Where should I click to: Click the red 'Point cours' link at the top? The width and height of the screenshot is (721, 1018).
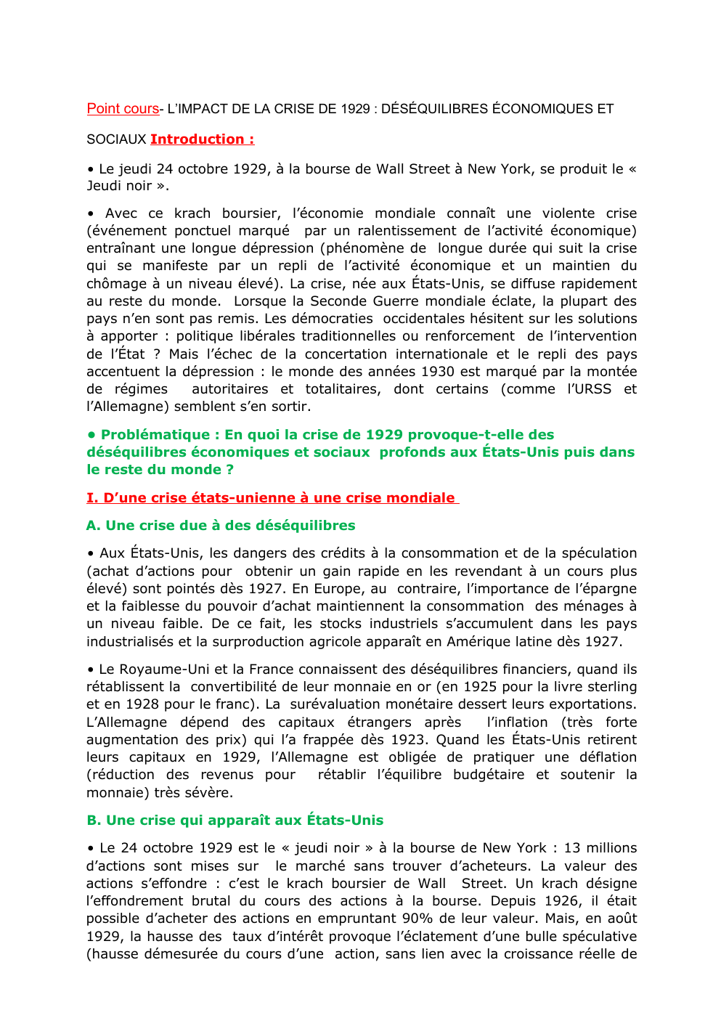123,109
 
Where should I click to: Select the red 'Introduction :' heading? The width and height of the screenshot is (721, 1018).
202,139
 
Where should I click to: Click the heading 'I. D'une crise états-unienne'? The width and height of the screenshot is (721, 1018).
272,498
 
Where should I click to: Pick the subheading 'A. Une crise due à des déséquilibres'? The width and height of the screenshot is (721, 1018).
221,526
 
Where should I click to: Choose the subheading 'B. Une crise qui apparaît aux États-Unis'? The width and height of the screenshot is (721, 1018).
235,820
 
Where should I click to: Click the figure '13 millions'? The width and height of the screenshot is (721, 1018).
600,848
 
